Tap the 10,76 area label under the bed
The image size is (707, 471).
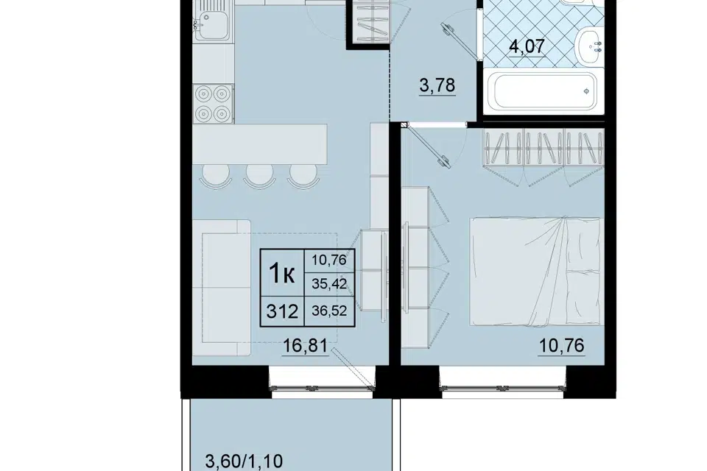(562, 346)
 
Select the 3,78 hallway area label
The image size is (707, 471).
(437, 85)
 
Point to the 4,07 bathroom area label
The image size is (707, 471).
(527, 46)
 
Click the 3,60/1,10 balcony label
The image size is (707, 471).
(244, 462)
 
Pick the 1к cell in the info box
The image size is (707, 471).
(282, 273)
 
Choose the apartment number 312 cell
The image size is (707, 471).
(282, 311)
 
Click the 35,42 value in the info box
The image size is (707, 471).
(329, 284)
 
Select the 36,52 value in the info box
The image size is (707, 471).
(329, 311)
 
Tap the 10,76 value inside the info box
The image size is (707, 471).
(329, 260)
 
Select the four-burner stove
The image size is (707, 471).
(214, 104)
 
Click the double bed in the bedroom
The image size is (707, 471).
(537, 272)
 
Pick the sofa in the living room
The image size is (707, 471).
(222, 288)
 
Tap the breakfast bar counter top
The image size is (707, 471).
(260, 144)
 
